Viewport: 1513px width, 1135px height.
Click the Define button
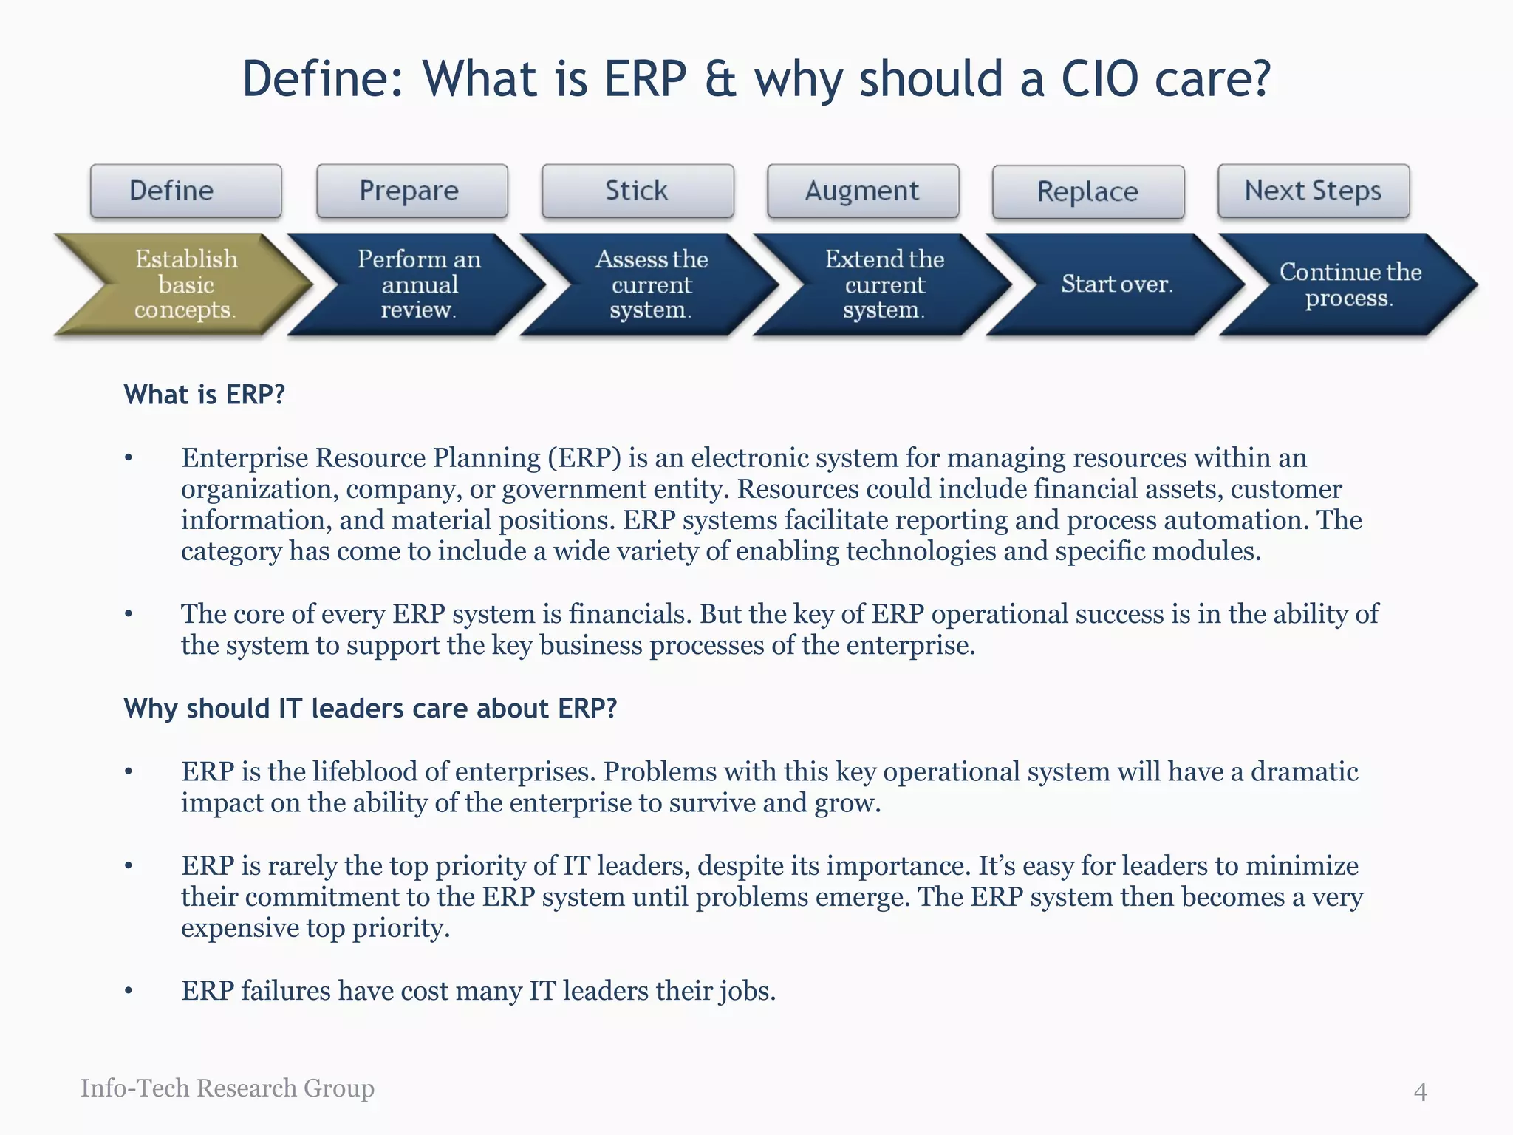(185, 191)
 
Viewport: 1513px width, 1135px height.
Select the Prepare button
(411, 191)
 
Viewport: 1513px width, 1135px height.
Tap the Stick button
(637, 191)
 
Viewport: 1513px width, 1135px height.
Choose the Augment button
(862, 191)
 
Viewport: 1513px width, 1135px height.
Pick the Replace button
(1087, 191)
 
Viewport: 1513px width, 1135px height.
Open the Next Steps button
(1313, 191)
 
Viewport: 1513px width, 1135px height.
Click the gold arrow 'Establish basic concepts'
(185, 284)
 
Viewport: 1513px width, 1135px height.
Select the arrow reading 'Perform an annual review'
(418, 284)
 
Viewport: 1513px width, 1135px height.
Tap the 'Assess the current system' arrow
(651, 284)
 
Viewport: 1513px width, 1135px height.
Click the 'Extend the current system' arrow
(884, 284)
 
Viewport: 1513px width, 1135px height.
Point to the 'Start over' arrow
(1116, 284)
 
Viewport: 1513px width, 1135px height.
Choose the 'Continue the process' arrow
(1349, 284)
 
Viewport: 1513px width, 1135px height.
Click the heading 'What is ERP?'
(204, 395)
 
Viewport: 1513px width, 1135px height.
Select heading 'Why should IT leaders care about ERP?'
(370, 708)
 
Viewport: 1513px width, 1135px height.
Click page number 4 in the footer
(1420, 1091)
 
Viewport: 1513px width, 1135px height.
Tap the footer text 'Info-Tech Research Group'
(228, 1088)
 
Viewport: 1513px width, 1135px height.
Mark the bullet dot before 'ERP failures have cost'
(129, 991)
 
